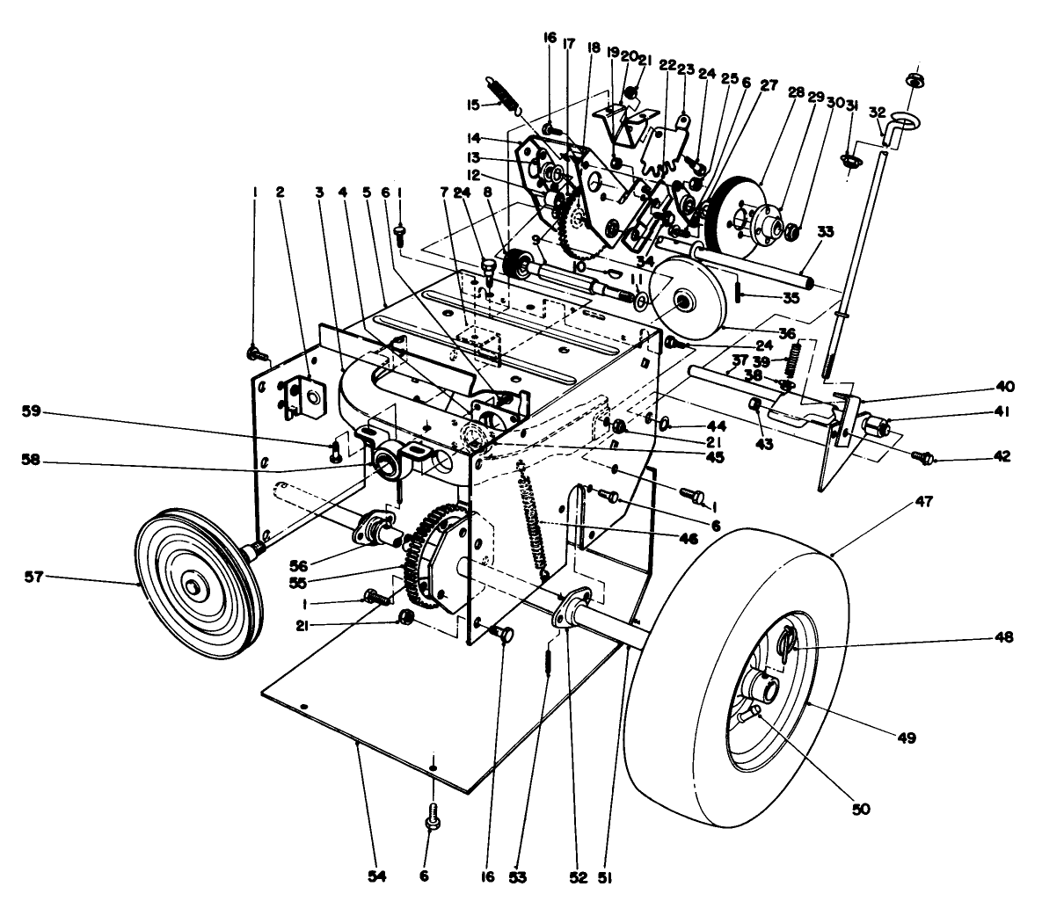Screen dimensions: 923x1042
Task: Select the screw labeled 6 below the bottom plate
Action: point(432,820)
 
